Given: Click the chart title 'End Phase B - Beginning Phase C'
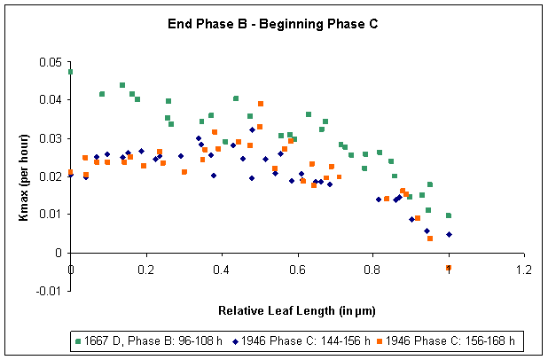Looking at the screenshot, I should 273,24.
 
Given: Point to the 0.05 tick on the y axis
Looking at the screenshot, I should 50,61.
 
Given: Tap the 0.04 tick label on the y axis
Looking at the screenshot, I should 50,99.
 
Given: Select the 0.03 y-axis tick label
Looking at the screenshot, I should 50,137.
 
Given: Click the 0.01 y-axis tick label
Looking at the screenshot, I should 50,214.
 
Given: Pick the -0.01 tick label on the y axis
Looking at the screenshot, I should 48,291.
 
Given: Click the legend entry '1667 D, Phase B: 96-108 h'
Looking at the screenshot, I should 142,340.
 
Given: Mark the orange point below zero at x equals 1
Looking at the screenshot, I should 449,268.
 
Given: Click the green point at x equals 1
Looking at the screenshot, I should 449,215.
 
